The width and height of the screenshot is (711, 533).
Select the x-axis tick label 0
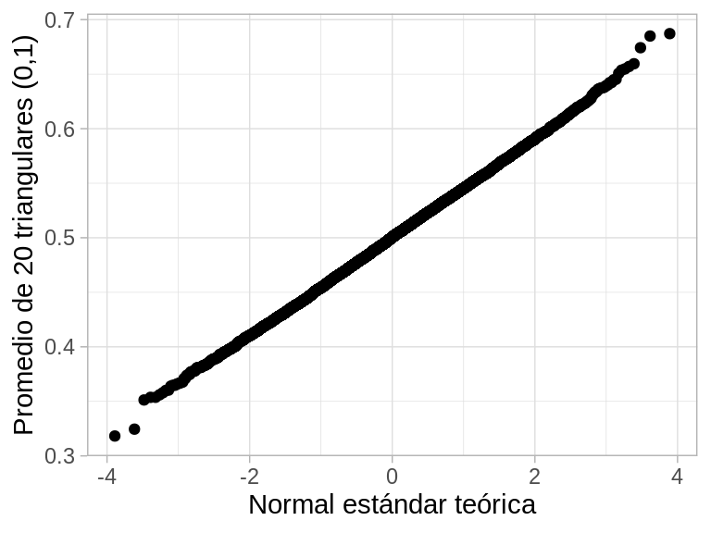click(392, 477)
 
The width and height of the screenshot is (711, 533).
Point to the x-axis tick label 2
click(534, 477)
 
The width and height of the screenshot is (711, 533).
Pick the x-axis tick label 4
click(677, 477)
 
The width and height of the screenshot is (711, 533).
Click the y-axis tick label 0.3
click(61, 456)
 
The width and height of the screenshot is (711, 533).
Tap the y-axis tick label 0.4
click(61, 347)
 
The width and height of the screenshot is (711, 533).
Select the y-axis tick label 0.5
click(61, 238)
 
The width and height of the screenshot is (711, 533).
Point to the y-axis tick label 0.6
click(61, 129)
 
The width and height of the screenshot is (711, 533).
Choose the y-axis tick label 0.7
click(61, 19)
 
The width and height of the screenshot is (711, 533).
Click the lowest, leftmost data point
click(115, 436)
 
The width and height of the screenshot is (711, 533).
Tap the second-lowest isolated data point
click(134, 429)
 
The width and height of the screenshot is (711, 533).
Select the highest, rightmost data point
click(669, 33)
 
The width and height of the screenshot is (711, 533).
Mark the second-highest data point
click(650, 36)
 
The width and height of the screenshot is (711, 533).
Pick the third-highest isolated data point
click(640, 47)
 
